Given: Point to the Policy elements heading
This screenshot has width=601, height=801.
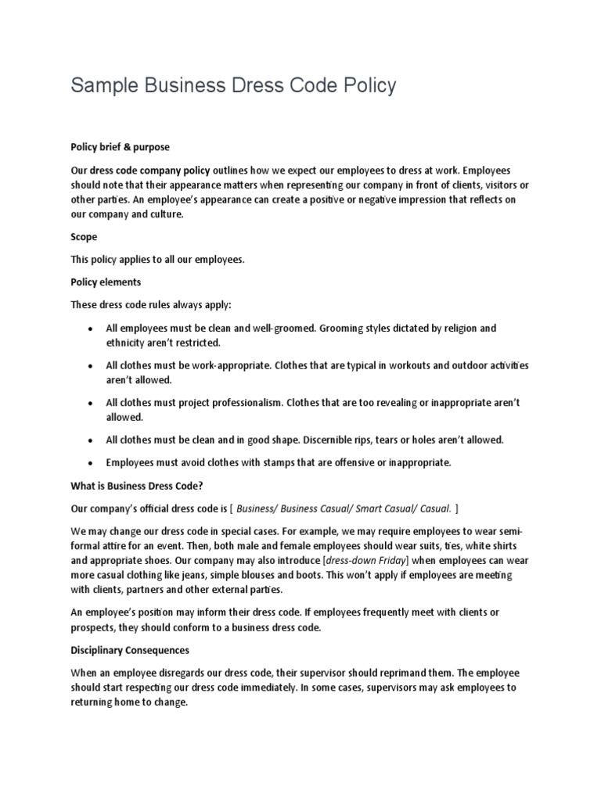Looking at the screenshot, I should [x=106, y=282].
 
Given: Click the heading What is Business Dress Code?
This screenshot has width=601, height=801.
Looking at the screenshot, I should [x=137, y=485].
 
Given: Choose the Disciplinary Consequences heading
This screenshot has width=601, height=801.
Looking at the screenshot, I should [x=130, y=650].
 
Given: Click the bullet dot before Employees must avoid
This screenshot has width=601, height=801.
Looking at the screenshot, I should [x=92, y=462].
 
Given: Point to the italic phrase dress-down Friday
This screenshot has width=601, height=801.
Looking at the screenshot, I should [x=365, y=561].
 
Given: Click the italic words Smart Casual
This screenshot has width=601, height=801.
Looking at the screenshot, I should [x=367, y=508].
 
